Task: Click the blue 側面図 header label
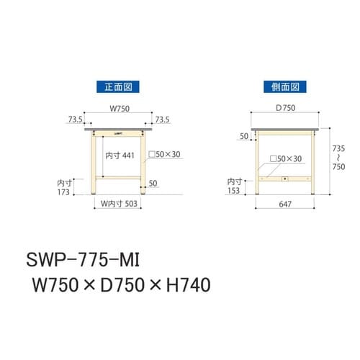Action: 285,87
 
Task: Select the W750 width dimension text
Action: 120,109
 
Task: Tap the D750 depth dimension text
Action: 286,109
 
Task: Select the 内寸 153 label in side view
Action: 235,186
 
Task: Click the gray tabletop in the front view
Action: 120,130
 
